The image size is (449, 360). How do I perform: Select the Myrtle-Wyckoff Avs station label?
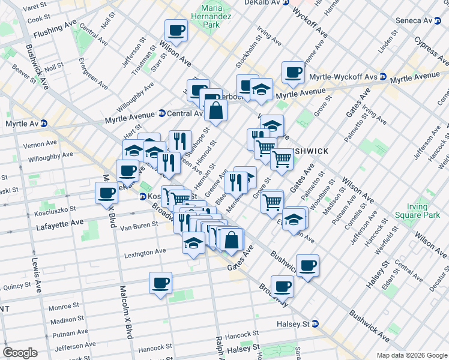click(x=343, y=77)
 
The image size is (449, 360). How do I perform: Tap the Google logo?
click(x=20, y=353)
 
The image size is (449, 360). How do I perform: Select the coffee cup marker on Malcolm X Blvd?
click(x=106, y=193)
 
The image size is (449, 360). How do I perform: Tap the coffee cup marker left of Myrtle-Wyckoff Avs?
click(x=293, y=72)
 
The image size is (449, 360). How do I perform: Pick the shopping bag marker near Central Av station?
click(x=215, y=110)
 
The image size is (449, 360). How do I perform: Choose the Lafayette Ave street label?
click(x=62, y=222)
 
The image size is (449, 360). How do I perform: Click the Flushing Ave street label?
click(x=55, y=31)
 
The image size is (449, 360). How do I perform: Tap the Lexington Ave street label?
click(x=145, y=253)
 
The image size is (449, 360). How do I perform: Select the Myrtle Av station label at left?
click(x=21, y=124)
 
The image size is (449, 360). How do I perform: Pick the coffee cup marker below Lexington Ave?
click(x=160, y=283)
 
